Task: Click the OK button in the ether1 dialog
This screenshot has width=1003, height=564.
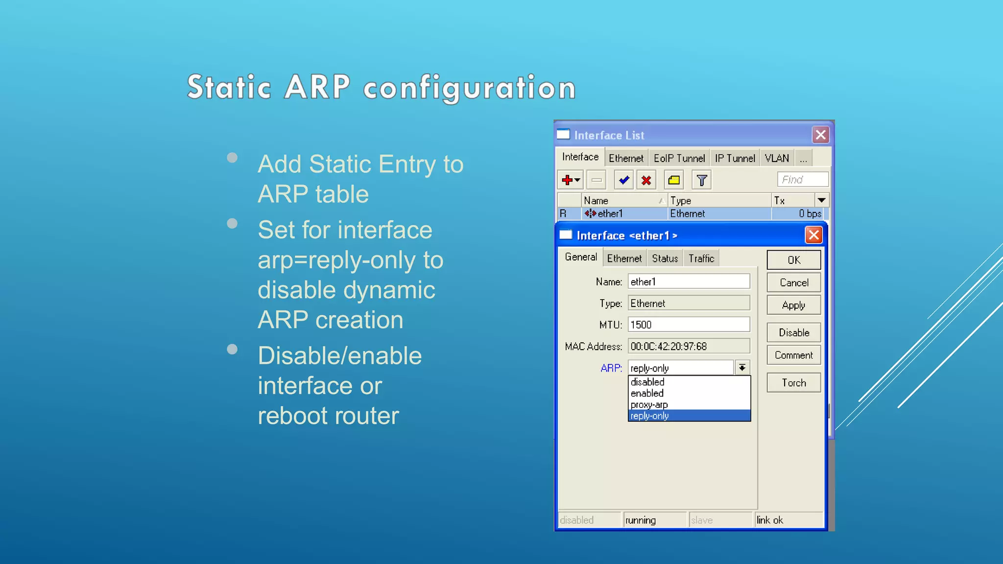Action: [793, 260]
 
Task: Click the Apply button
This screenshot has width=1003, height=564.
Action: [793, 305]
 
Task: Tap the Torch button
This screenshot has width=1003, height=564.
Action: [793, 383]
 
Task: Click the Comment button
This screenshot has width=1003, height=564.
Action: [793, 355]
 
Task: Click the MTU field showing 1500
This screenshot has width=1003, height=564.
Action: [689, 325]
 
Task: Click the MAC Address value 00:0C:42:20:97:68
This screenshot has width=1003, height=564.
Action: [689, 347]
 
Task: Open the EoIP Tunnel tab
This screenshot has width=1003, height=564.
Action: [679, 159]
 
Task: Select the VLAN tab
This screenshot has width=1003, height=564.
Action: [777, 159]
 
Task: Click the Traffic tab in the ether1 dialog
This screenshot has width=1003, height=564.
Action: [701, 258]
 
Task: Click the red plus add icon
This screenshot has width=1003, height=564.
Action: [568, 180]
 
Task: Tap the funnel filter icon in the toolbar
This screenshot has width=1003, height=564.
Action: [701, 180]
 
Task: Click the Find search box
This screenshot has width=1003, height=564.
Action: [802, 180]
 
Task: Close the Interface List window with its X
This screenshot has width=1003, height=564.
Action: [821, 135]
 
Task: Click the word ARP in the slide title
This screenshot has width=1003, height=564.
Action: [317, 87]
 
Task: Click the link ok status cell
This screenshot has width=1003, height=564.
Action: [788, 520]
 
